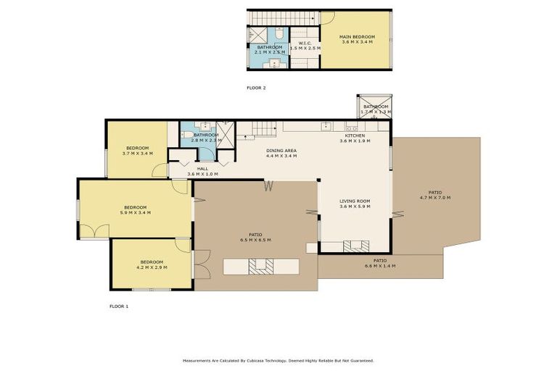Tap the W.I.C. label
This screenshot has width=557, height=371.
tap(305, 43)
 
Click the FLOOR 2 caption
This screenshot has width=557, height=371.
tap(256, 88)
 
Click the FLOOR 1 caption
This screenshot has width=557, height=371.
tap(118, 307)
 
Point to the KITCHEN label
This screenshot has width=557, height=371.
tap(355, 136)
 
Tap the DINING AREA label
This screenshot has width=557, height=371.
tap(281, 150)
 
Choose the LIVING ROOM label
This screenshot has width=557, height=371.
tap(355, 201)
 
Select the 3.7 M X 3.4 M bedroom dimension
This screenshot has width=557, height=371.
tap(137, 154)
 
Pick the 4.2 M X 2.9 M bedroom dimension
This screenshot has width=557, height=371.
tap(152, 267)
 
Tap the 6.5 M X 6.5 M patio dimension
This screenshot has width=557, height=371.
tap(255, 240)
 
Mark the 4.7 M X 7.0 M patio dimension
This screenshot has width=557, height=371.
tap(435, 198)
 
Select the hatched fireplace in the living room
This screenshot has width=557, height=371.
tap(355, 246)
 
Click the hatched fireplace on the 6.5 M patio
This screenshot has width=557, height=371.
tap(258, 267)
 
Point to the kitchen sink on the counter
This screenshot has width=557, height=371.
tap(327, 125)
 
